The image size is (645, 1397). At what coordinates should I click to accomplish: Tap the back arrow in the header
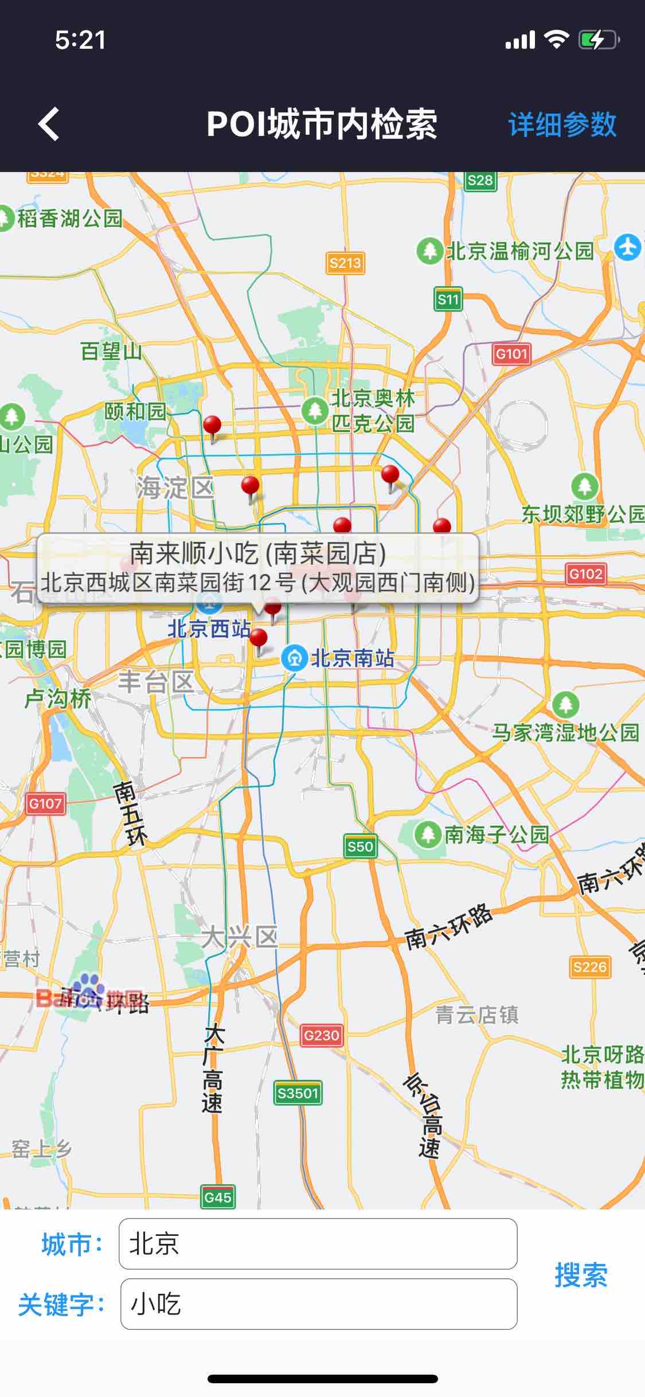(49, 124)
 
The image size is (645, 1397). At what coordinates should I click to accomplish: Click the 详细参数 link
(562, 124)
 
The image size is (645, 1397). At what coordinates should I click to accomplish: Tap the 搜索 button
(581, 1275)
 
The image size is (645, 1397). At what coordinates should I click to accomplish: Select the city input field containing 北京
(318, 1244)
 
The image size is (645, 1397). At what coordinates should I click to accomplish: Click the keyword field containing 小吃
(318, 1304)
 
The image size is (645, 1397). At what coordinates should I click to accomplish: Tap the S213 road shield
(345, 263)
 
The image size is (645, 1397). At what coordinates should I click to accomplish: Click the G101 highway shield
(511, 354)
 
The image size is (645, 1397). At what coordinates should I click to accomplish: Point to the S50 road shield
(360, 846)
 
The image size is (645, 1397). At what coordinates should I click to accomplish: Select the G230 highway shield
(322, 1035)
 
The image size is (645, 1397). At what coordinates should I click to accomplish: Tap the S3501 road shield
(298, 1093)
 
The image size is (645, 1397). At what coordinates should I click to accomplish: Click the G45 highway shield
(218, 1197)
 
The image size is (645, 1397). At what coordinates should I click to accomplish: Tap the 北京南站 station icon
(295, 658)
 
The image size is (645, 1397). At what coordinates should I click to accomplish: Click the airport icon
(628, 247)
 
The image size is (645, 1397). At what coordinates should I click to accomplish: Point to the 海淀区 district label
(175, 488)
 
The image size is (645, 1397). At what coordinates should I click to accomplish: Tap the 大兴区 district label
(240, 937)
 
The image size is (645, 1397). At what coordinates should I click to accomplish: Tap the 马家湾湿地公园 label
(565, 732)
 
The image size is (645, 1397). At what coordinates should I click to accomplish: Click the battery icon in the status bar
(599, 40)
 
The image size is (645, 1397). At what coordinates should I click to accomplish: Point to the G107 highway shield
(45, 804)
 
